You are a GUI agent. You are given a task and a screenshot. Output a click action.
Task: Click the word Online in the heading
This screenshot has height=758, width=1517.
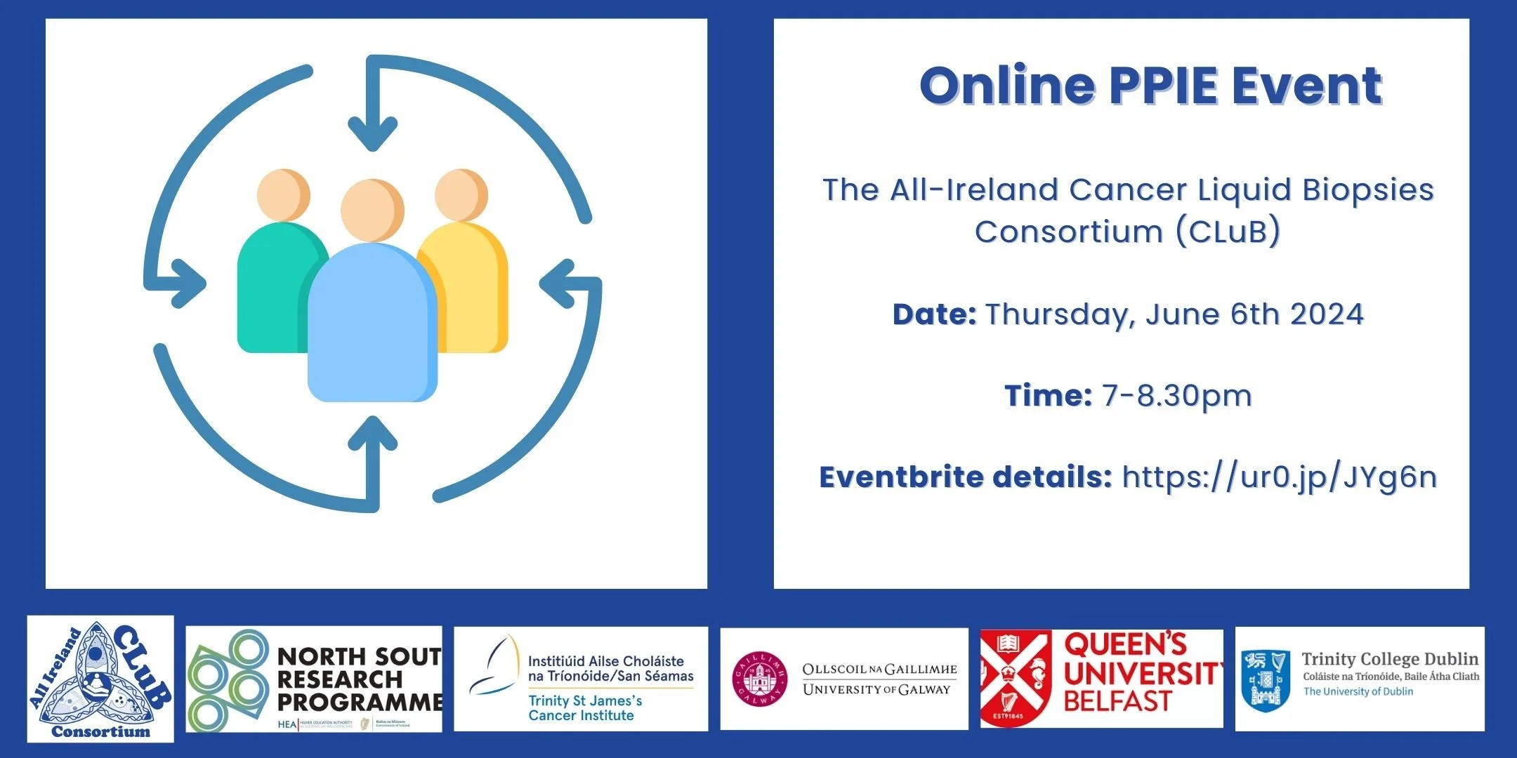(1007, 86)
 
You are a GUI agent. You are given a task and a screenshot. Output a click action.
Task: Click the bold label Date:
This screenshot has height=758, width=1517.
(933, 314)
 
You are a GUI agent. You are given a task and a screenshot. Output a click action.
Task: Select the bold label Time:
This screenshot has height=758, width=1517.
(1047, 396)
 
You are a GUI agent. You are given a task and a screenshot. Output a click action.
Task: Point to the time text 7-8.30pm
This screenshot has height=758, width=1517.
(1176, 396)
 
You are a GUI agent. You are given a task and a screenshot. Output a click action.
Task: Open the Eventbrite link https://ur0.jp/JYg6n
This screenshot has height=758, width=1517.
(1279, 477)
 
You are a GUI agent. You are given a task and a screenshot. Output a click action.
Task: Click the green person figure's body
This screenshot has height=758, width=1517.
(270, 295)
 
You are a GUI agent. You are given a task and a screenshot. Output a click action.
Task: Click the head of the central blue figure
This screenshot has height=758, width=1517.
(372, 209)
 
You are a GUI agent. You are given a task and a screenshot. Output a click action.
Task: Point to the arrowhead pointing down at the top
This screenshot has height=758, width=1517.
(372, 133)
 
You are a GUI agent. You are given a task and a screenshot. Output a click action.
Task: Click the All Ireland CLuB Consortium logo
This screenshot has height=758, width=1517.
(100, 679)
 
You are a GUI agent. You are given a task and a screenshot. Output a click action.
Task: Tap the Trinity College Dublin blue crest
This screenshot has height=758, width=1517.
(1266, 679)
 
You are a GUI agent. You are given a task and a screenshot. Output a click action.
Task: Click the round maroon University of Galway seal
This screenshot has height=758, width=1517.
(759, 678)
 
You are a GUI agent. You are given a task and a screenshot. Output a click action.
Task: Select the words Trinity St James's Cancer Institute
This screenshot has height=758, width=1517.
(584, 707)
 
